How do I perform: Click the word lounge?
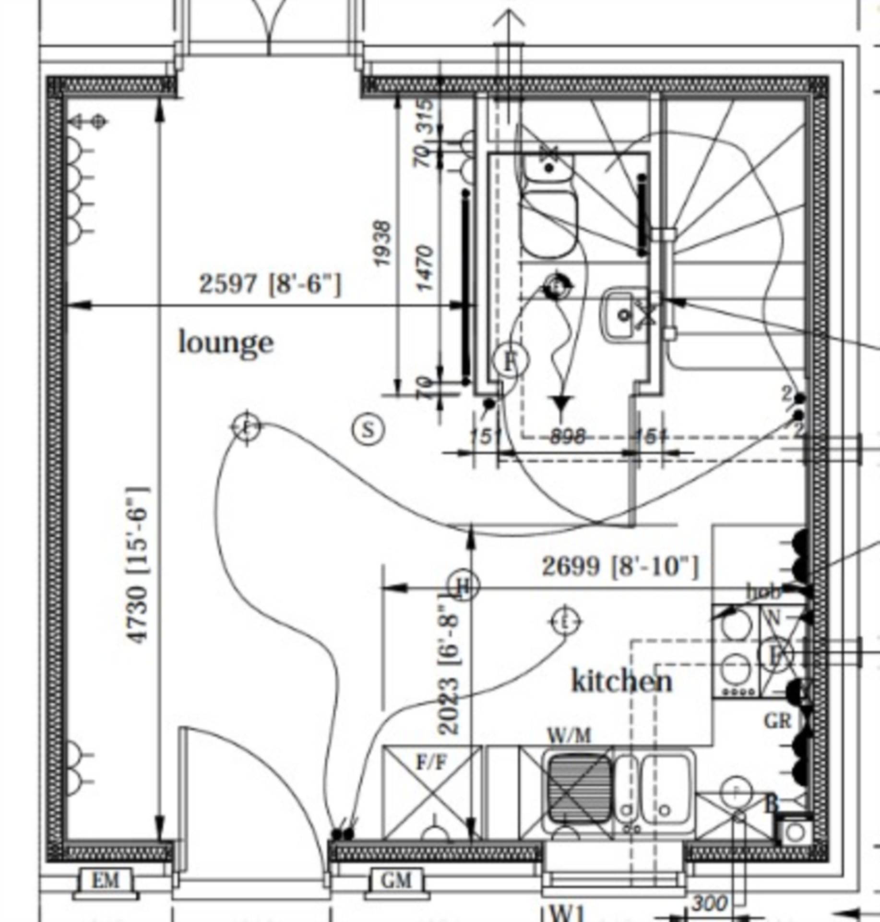tap(226, 343)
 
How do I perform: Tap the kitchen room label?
tap(622, 681)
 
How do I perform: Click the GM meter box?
tap(396, 881)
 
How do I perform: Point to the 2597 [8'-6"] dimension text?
tap(270, 284)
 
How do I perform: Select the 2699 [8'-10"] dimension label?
tap(620, 567)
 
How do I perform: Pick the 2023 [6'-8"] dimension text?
tap(449, 665)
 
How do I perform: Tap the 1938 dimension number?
tap(382, 243)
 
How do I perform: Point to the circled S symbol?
tap(368, 429)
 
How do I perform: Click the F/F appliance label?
tap(431, 762)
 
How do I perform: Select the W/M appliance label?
tap(569, 735)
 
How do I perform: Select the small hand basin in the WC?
tap(624, 315)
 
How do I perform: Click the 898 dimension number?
tap(567, 437)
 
